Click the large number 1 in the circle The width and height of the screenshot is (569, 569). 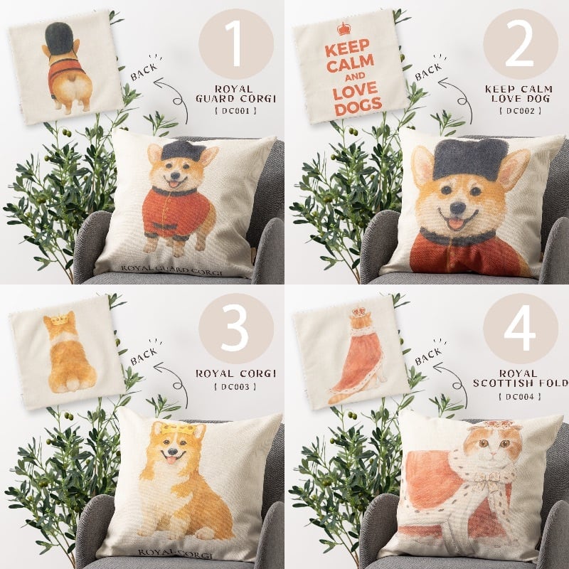[x=237, y=43]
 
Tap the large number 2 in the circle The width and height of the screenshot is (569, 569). [x=520, y=43]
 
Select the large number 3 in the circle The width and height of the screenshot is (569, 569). [x=235, y=328]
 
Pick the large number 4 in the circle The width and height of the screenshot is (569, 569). [x=520, y=328]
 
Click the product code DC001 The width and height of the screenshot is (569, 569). [x=236, y=111]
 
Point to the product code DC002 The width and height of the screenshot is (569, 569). [x=520, y=111]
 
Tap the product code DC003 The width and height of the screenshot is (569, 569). [x=236, y=387]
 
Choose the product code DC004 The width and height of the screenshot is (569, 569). [x=520, y=397]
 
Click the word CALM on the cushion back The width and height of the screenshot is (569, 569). [x=350, y=63]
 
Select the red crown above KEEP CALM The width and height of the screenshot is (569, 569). [x=344, y=28]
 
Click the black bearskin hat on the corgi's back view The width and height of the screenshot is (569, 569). [x=59, y=39]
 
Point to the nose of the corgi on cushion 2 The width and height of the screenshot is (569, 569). [x=457, y=208]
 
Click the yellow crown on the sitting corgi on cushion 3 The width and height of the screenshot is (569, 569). [x=178, y=430]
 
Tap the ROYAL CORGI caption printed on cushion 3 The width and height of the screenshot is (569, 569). [x=175, y=553]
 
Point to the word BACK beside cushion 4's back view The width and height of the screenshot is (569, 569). [x=428, y=357]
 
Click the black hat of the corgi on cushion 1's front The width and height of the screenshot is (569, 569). [x=181, y=150]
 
